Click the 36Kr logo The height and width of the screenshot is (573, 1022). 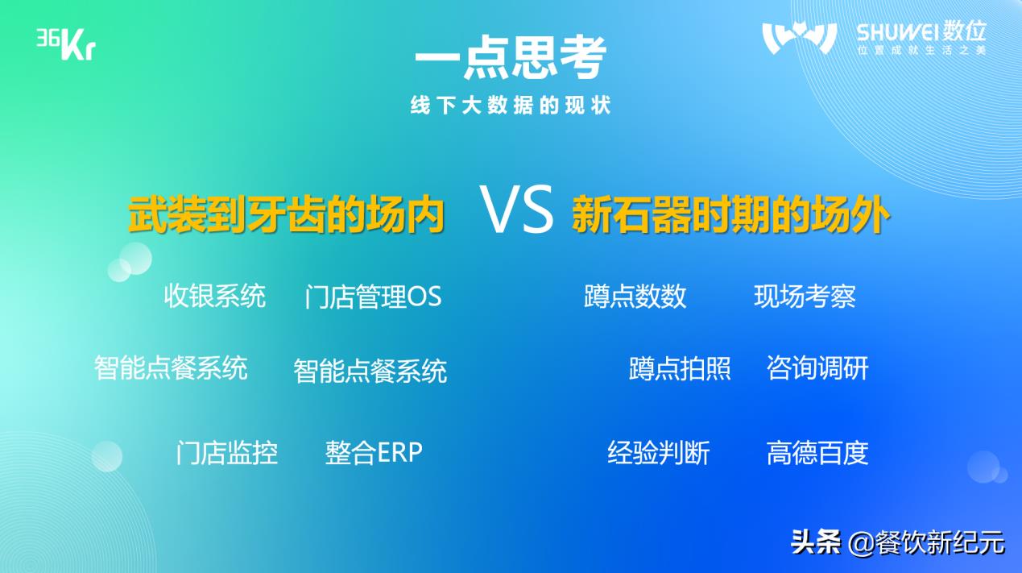66,44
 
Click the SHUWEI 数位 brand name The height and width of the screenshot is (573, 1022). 921,32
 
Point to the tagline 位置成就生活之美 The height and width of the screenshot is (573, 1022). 921,50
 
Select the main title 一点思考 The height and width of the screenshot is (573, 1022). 511,58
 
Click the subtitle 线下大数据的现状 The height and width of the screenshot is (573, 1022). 511,106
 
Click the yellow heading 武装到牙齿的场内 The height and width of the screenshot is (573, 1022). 286,214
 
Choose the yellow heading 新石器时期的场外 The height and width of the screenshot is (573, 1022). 730,214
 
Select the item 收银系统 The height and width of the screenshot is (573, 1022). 215,296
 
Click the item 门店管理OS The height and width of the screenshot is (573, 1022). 373,297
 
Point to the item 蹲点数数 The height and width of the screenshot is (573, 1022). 635,296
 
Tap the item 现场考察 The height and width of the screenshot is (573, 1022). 805,296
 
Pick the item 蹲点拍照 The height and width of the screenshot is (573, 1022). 680,368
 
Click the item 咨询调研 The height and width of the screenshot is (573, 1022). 817,367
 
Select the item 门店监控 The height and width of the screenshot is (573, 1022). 227,452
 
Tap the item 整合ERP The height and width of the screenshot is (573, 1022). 374,452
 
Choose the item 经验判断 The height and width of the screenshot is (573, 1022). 658,452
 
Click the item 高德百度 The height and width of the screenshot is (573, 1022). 817,452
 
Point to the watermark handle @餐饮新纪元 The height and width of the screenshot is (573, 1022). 927,543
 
